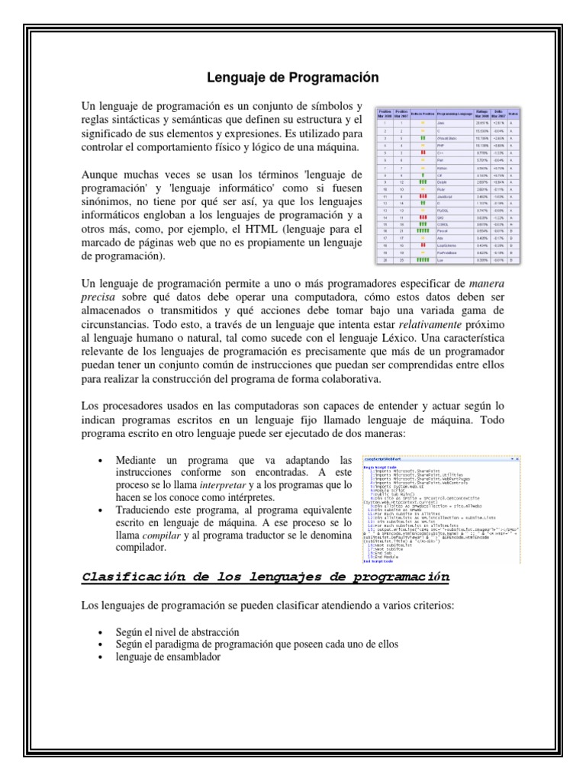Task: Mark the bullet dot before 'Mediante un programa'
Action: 101,461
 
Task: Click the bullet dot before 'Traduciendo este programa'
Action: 101,511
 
